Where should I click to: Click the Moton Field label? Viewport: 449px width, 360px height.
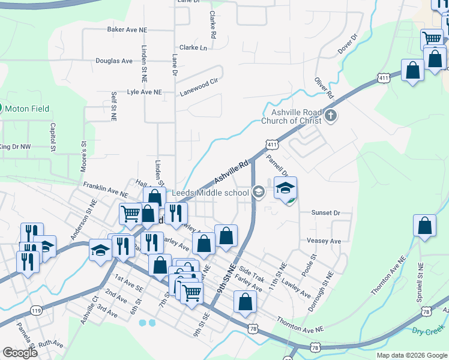point(28,109)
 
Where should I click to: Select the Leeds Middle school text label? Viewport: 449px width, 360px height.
point(210,193)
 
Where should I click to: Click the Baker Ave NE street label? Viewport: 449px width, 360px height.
point(127,29)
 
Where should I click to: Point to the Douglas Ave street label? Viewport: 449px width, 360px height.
point(114,61)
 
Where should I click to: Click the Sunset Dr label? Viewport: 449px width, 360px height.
point(325,212)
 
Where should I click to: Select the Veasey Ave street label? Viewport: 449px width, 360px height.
point(324,241)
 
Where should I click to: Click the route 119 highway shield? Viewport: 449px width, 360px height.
point(37,310)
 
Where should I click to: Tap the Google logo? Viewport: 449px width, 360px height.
point(20,353)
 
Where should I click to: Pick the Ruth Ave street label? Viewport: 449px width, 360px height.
point(50,344)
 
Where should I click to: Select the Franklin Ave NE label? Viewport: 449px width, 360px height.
point(106,190)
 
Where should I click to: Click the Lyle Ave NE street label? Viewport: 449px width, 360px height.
point(145,92)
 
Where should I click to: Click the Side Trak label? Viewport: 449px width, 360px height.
point(252,275)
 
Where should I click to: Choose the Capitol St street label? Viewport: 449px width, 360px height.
point(53,137)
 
